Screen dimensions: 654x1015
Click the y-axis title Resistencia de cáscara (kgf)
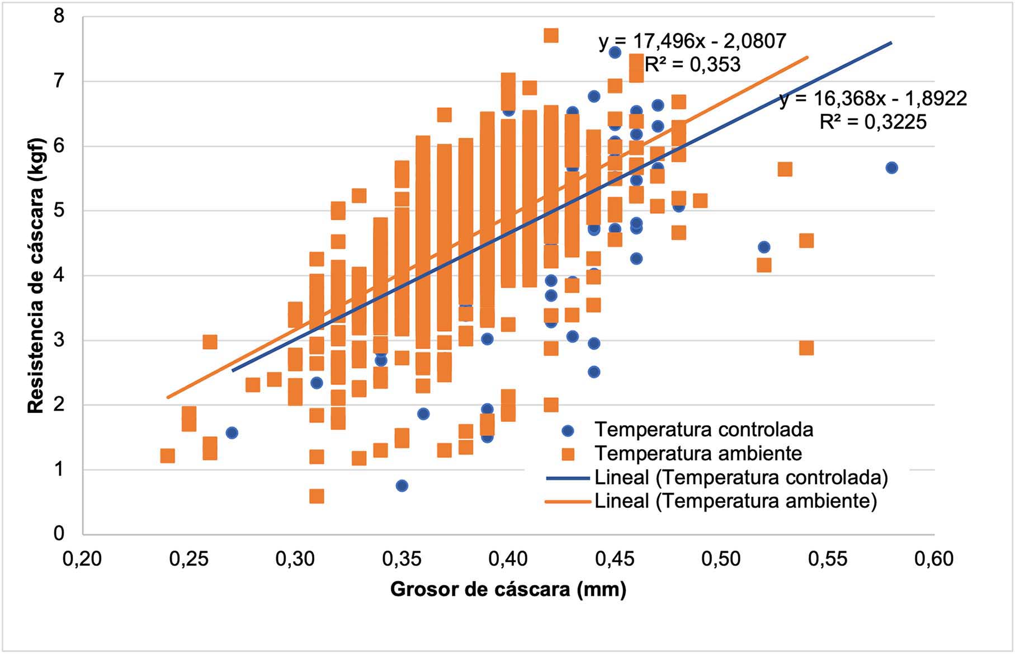point(35,275)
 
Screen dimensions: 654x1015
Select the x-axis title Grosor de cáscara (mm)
point(508,589)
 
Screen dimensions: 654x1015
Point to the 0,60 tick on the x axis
point(934,559)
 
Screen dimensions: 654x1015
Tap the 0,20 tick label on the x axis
point(82,559)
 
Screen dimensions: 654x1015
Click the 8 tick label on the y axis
point(59,16)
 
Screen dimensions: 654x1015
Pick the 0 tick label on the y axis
point(59,533)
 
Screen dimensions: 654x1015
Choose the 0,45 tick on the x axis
point(615,559)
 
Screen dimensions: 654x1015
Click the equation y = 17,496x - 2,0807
point(692,41)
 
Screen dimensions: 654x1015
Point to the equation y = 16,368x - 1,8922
point(873,98)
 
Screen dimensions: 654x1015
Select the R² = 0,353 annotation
point(692,65)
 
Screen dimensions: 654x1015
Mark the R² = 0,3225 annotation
point(873,122)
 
